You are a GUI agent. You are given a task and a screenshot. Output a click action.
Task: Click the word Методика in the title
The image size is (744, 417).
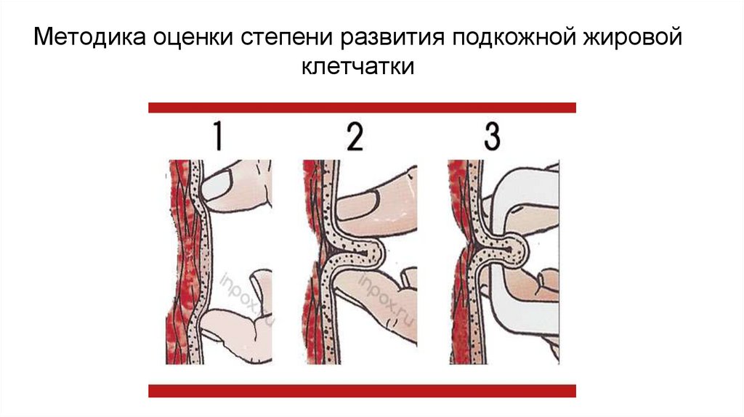click(89, 37)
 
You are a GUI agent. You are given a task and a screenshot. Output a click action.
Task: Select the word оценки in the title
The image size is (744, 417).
click(193, 38)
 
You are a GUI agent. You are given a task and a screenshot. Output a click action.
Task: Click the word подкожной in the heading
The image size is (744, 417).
click(514, 37)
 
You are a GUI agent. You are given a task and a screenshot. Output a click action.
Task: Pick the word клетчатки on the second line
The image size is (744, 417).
click(357, 66)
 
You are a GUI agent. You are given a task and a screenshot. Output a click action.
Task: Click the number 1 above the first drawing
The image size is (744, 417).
click(218, 136)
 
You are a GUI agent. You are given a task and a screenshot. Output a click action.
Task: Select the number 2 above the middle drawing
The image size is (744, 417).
click(355, 136)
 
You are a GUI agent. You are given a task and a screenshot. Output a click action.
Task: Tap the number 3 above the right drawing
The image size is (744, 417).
click(492, 136)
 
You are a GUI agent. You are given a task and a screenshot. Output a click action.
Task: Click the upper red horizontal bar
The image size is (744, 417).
click(362, 108)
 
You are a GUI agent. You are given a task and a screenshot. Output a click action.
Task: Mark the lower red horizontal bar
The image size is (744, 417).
click(362, 391)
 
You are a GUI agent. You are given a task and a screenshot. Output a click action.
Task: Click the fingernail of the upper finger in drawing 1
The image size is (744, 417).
click(217, 185)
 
